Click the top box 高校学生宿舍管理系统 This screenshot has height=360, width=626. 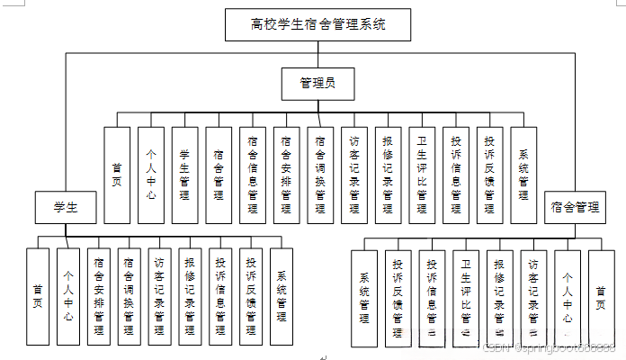click(x=318, y=24)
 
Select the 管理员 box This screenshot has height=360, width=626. click(x=318, y=84)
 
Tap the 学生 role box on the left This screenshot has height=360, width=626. click(x=64, y=208)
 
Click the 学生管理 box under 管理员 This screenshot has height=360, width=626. click(x=184, y=175)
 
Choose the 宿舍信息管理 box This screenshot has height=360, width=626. click(x=252, y=175)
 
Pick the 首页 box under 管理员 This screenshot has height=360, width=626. click(x=117, y=175)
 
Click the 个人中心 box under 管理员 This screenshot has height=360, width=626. click(x=151, y=175)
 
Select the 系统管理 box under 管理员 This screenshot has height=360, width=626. click(x=523, y=175)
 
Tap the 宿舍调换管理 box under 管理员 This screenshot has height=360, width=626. click(x=319, y=175)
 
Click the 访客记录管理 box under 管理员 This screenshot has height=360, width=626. click(x=353, y=175)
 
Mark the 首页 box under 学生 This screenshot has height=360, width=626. click(x=38, y=296)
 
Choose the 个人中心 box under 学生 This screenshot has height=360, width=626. click(x=68, y=296)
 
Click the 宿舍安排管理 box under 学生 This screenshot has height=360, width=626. click(x=99, y=296)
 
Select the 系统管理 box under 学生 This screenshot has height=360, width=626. click(x=282, y=296)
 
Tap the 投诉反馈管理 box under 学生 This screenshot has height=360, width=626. click(x=251, y=296)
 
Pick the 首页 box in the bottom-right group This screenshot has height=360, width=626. click(x=601, y=297)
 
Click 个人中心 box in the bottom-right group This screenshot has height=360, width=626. click(x=568, y=297)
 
